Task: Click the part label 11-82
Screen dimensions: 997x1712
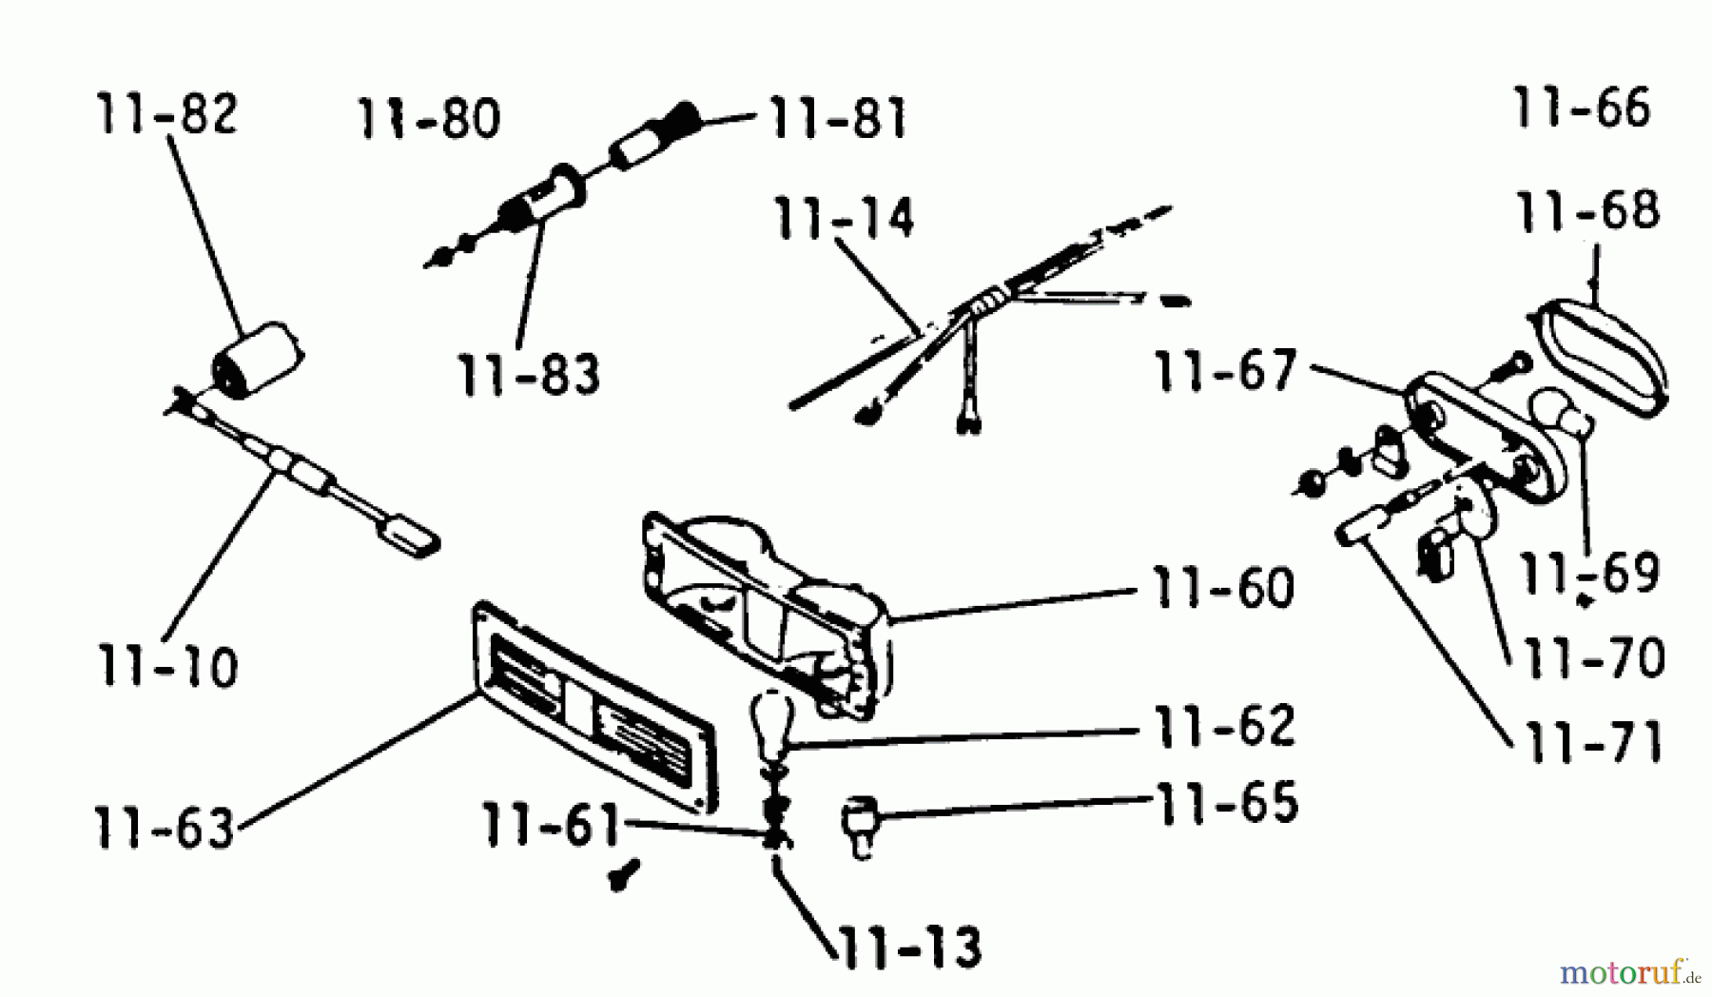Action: coord(165,114)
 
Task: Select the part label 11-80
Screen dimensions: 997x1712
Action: coord(429,120)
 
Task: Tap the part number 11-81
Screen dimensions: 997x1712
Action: coord(837,119)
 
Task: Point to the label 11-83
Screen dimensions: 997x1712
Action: coord(529,375)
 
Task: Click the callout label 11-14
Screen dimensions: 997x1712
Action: coord(845,219)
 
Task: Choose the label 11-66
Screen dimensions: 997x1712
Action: coord(1581,108)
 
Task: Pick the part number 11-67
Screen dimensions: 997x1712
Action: coord(1226,370)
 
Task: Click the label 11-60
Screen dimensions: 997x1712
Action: coord(1223,588)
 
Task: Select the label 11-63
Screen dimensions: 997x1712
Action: coord(165,827)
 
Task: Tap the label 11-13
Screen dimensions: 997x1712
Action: coord(908,947)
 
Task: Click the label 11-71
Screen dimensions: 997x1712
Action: coord(1593,742)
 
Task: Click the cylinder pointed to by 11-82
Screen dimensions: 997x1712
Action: coord(258,359)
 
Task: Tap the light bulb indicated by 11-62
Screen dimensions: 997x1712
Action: coord(773,725)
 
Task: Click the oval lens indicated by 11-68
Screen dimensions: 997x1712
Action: coord(1600,359)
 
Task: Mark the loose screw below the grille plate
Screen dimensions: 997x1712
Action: coord(625,873)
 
